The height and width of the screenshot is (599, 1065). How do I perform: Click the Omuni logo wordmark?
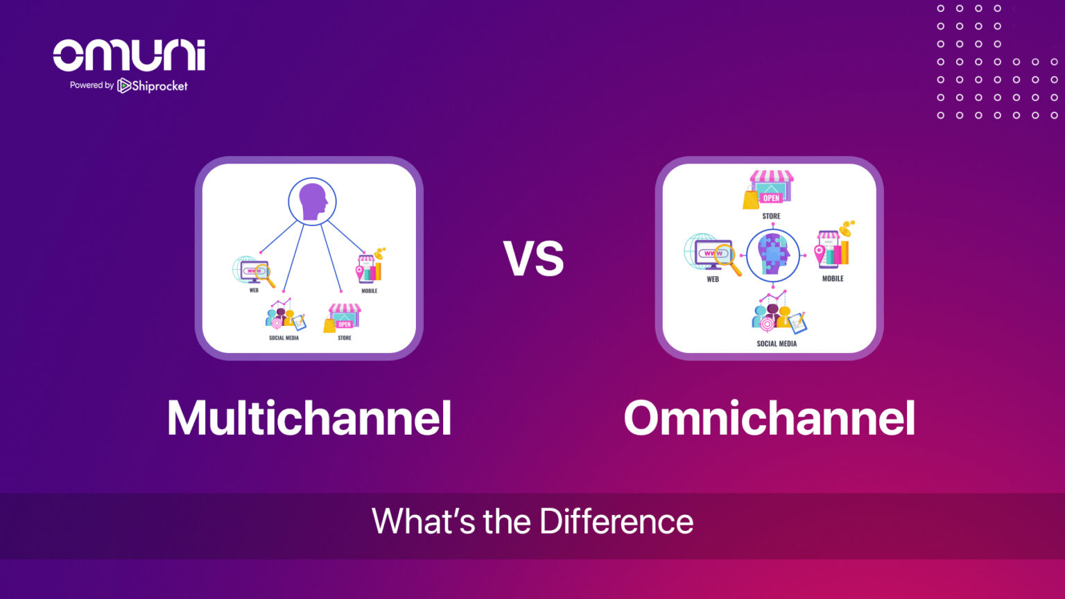(x=129, y=55)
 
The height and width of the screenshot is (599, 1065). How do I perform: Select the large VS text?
(x=533, y=259)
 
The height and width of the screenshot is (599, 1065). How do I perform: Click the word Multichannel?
(x=309, y=418)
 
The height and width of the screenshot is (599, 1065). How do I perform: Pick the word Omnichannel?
(x=769, y=418)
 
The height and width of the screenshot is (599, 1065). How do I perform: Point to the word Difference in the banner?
(x=616, y=521)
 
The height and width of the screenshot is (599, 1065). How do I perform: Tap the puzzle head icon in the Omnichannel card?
(x=773, y=254)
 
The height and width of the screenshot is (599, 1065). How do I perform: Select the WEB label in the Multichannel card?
(x=254, y=290)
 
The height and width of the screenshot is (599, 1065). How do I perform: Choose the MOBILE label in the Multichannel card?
(x=370, y=291)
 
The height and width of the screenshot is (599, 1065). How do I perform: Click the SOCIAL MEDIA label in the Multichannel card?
(x=284, y=338)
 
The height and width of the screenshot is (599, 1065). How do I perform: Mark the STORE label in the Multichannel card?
(x=345, y=338)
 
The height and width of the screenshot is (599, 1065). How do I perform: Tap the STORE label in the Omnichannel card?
(x=771, y=216)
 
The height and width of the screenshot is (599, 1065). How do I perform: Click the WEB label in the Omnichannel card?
(x=713, y=279)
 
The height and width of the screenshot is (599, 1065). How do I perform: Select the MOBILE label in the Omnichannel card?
(x=833, y=279)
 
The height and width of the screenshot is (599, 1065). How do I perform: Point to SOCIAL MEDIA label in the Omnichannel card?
(x=777, y=344)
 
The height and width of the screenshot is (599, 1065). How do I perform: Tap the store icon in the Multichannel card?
(x=343, y=318)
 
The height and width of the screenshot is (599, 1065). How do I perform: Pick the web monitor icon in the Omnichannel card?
(x=710, y=254)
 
